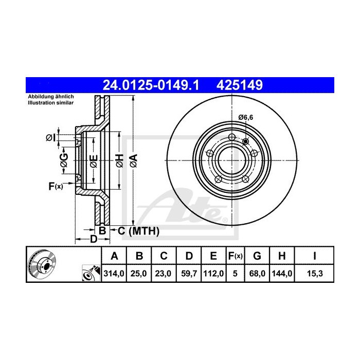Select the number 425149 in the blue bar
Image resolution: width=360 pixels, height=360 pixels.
[x=242, y=83]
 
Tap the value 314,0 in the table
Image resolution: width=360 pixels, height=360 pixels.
[x=115, y=274]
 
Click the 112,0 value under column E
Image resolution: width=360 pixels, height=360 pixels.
[x=212, y=274]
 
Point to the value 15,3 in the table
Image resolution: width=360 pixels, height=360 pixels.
[x=314, y=274]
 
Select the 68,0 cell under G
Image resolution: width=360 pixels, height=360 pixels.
[x=258, y=274]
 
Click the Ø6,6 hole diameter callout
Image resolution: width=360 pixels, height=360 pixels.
[x=246, y=118]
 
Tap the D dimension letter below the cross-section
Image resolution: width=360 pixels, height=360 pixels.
[x=94, y=239]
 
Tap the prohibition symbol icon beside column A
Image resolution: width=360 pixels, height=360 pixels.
[x=92, y=274]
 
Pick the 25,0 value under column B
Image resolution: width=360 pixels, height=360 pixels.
[x=139, y=274]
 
